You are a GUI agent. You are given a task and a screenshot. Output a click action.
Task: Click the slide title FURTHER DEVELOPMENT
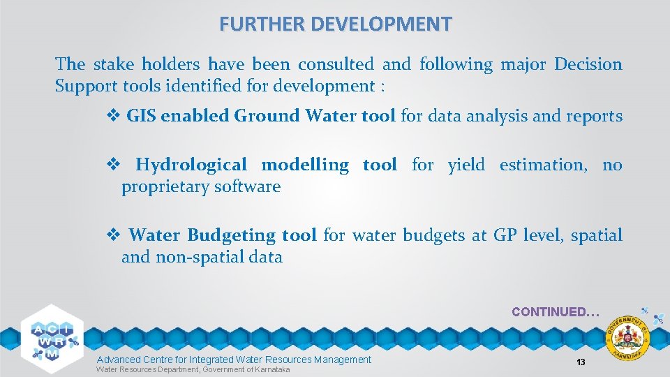click(335, 24)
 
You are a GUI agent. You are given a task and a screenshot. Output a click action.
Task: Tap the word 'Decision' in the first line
click(588, 64)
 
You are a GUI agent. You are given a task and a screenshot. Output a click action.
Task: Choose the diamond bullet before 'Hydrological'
click(112, 165)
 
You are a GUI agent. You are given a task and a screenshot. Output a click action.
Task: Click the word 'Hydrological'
click(191, 165)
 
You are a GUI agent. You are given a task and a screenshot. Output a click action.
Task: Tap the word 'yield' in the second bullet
click(466, 165)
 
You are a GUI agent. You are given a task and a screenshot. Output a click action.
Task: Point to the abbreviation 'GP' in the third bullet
click(505, 236)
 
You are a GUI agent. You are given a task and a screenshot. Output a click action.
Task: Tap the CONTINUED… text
click(555, 312)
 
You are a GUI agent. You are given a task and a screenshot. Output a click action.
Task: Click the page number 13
click(580, 362)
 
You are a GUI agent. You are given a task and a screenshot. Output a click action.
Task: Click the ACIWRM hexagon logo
click(52, 334)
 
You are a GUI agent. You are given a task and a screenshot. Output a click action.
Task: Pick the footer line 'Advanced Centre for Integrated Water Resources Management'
click(234, 359)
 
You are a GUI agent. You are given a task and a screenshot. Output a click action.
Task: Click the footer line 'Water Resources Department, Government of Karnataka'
click(193, 369)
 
